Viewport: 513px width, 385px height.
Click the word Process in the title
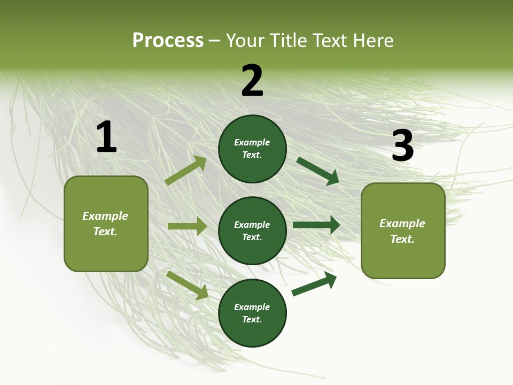tap(168, 41)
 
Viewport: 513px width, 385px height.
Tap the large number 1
tap(106, 137)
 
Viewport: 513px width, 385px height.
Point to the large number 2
tap(252, 81)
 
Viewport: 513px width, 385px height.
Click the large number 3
tap(402, 146)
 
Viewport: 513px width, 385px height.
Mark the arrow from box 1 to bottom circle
tap(187, 285)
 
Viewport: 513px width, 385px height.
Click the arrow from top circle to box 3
tap(317, 171)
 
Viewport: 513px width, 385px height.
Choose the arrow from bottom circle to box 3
tap(314, 283)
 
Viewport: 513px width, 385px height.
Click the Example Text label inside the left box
tap(105, 224)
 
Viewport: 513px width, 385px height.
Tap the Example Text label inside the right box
tap(402, 231)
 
